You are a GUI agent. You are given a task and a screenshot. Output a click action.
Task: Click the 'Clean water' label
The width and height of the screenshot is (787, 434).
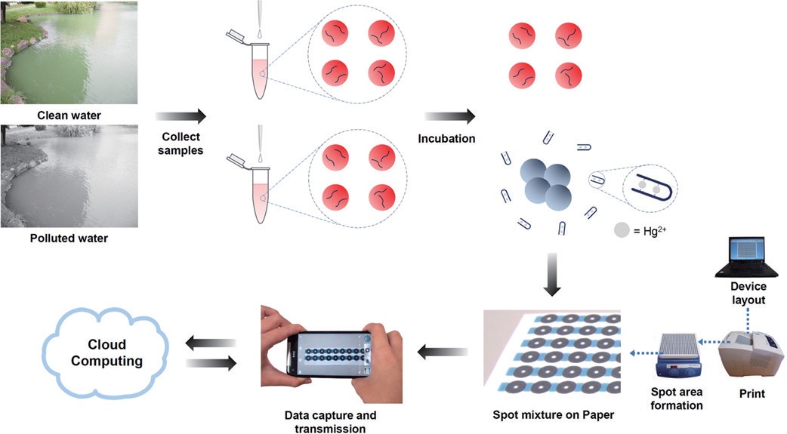click(69, 115)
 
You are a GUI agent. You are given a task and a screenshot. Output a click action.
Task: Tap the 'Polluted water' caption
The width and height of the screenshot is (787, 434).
click(69, 239)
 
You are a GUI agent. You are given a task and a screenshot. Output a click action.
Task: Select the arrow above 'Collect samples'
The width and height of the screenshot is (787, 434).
click(181, 116)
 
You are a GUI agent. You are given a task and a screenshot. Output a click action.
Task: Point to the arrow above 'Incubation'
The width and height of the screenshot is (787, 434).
click(449, 116)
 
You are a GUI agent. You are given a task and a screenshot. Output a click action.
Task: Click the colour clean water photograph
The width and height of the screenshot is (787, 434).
click(69, 52)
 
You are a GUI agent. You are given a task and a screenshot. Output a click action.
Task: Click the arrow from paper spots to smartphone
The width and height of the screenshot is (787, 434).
click(442, 351)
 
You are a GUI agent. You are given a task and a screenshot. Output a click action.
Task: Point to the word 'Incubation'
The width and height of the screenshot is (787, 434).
click(449, 139)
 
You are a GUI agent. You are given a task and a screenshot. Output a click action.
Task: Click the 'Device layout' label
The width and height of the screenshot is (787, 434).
click(748, 293)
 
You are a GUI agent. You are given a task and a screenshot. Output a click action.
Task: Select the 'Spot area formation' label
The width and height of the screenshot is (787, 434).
click(677, 399)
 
